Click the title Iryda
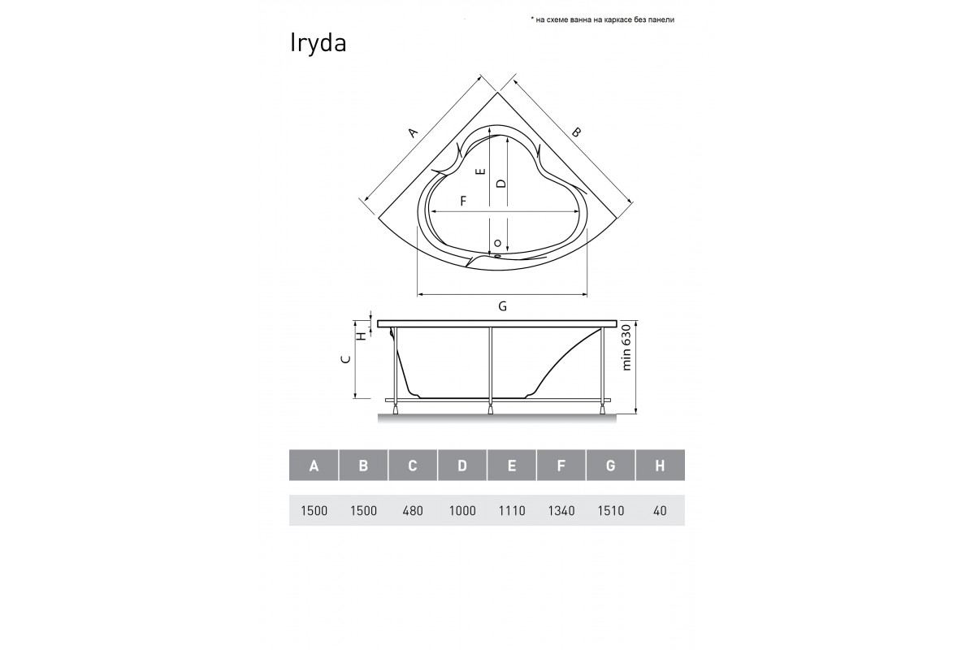tap(318, 44)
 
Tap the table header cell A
tap(314, 466)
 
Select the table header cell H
tap(660, 466)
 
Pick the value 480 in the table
tap(413, 511)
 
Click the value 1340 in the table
tap(561, 511)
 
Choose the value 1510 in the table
tap(611, 511)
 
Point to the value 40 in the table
tap(660, 511)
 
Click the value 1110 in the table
tap(512, 511)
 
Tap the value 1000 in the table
tap(462, 511)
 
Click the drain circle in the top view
tap(498, 243)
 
